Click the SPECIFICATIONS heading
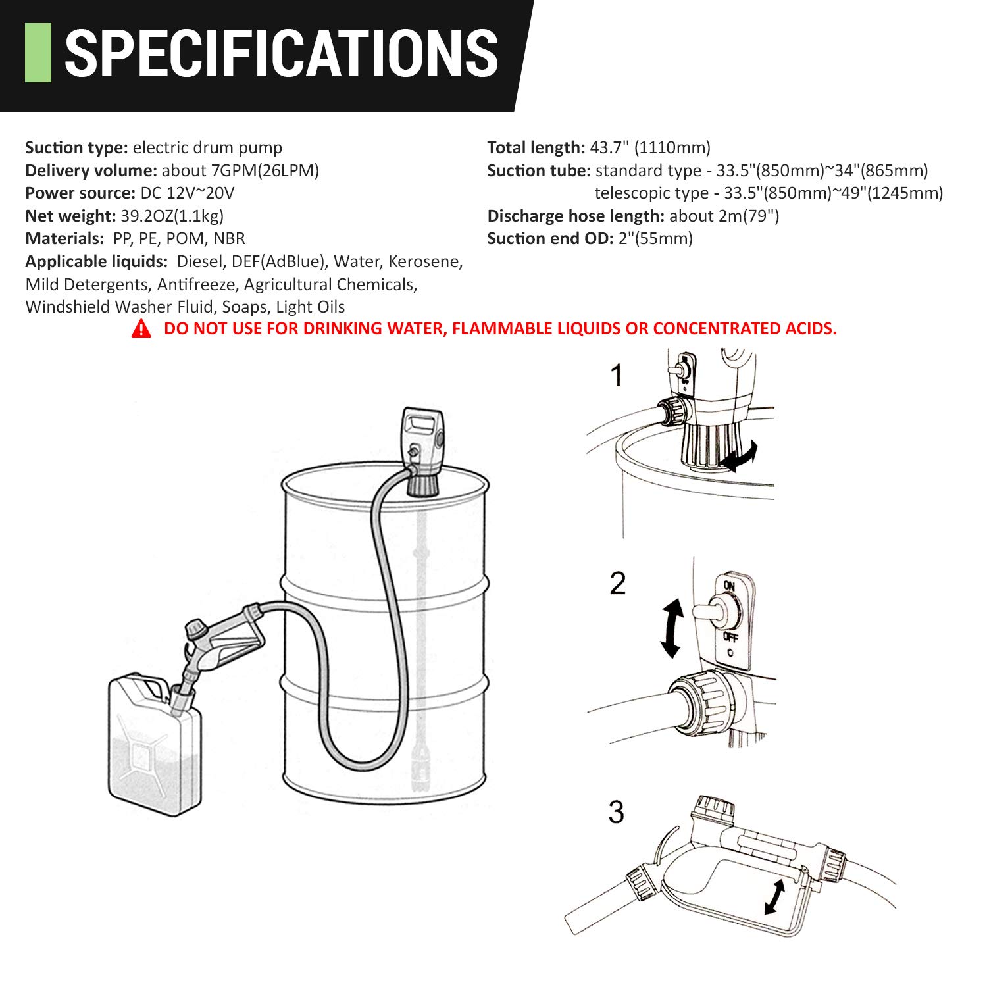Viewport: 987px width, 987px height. tap(281, 53)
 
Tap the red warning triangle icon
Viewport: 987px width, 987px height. tap(141, 328)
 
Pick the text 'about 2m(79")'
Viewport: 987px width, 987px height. tap(724, 216)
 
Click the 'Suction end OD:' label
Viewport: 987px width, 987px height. tap(550, 238)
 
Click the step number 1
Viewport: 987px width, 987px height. tap(616, 376)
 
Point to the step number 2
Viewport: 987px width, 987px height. tap(617, 584)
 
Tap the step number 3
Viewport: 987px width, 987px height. tap(616, 812)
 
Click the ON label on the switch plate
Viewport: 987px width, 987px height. tap(729, 586)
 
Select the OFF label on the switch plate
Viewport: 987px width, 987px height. tap(730, 637)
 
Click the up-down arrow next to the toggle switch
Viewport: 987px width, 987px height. tap(671, 628)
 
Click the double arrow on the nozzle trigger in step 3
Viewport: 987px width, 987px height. tap(775, 897)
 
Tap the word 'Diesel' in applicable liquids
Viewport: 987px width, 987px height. tap(200, 261)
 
